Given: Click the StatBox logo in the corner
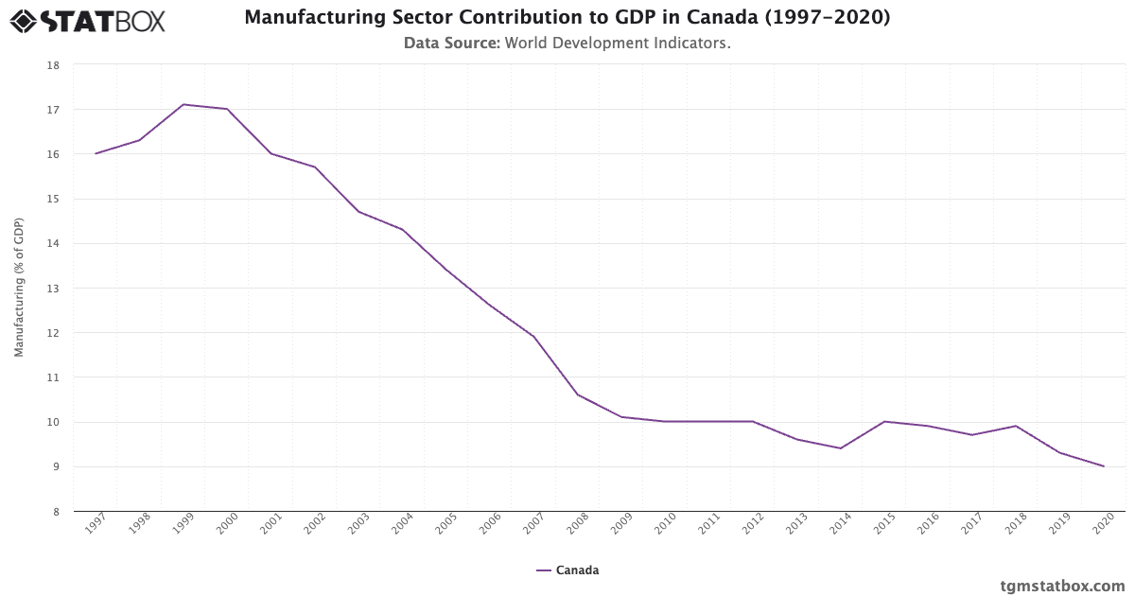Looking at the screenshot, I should click(88, 20).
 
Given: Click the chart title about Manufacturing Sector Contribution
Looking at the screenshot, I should click(567, 17).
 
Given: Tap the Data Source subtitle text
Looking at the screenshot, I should click(567, 43).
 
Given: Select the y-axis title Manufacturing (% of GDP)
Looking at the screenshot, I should click(19, 288).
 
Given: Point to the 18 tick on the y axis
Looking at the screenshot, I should click(54, 65).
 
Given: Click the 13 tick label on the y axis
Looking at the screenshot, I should click(54, 289).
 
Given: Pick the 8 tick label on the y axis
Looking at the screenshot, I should click(55, 512).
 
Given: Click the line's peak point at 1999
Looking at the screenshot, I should click(183, 104).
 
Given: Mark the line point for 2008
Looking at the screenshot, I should click(578, 394).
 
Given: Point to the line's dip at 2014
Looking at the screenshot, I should click(841, 448).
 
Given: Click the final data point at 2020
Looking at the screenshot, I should click(1104, 466).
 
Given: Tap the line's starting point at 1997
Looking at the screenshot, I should click(96, 153).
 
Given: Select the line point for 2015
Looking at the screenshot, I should click(884, 421).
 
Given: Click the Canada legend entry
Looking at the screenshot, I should click(567, 570).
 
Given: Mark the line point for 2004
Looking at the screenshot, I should click(403, 229).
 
